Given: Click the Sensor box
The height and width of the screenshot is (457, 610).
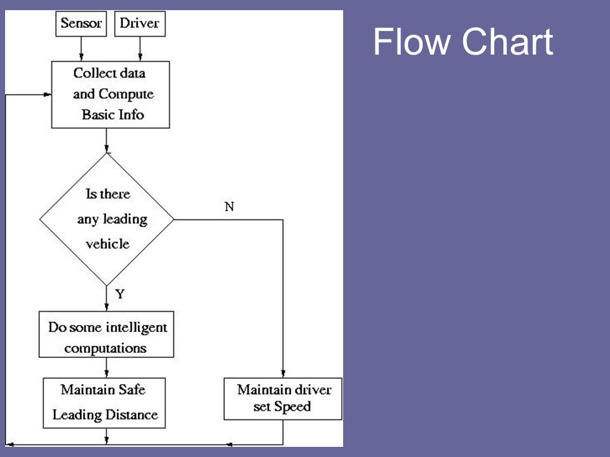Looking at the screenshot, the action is click(x=81, y=23).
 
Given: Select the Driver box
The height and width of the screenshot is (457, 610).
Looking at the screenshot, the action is click(x=140, y=23).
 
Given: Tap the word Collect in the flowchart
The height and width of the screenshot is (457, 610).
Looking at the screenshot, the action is click(x=95, y=73).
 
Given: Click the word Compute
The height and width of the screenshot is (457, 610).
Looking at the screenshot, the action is click(x=126, y=95).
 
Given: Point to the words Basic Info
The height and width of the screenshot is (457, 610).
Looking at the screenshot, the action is click(x=113, y=115).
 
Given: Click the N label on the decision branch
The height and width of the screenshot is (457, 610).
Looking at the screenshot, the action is click(x=229, y=206).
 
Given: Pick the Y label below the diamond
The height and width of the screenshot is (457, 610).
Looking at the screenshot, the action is click(x=120, y=294).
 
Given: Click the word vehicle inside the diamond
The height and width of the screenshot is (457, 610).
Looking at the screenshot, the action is click(x=108, y=244).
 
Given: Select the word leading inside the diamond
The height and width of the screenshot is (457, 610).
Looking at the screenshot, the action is click(x=125, y=220).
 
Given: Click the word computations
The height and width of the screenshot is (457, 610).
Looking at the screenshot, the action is click(x=105, y=348).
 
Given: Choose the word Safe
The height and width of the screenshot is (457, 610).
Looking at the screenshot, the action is click(x=132, y=389).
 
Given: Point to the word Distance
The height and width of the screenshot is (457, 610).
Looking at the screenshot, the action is click(x=132, y=414).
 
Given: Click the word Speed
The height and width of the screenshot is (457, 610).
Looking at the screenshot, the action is click(x=292, y=407).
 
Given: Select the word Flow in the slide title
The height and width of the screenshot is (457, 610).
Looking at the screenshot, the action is click(x=412, y=42).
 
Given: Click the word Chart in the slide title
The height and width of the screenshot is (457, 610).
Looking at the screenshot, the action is click(x=507, y=42).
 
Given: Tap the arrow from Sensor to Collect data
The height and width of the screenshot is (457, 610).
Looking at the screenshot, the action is click(x=81, y=49).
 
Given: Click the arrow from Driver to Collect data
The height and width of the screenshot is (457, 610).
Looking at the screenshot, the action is click(x=140, y=49).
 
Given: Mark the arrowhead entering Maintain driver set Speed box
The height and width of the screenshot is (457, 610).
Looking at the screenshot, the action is click(x=283, y=374).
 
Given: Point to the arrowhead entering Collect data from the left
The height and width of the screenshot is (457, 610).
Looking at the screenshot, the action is click(x=48, y=95).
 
